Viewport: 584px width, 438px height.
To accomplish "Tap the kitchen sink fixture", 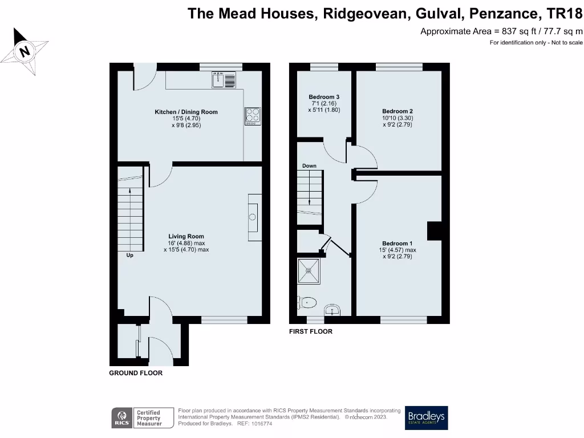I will pos(224,80).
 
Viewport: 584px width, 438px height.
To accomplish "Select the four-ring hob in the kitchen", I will pos(253,116).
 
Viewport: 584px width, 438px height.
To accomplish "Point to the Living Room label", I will pos(186,236).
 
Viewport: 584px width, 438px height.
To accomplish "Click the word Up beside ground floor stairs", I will pos(129,255).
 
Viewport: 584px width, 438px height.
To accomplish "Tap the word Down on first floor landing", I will pos(309,166).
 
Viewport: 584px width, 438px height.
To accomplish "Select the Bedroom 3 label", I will pos(324,97).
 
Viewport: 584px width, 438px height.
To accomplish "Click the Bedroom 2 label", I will pos(398,111).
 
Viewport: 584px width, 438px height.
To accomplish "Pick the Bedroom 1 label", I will pos(398,244).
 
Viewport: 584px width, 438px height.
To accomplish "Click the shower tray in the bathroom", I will pos(310,272).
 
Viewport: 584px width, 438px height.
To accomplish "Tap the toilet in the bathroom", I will pos(309,302).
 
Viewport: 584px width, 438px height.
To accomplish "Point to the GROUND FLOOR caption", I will pos(136,373).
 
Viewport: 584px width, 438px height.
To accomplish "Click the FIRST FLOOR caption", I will pos(310,331).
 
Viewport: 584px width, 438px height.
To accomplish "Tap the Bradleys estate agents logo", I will pos(426,418).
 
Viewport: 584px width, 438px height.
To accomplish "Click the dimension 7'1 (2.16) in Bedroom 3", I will pos(324,103).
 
